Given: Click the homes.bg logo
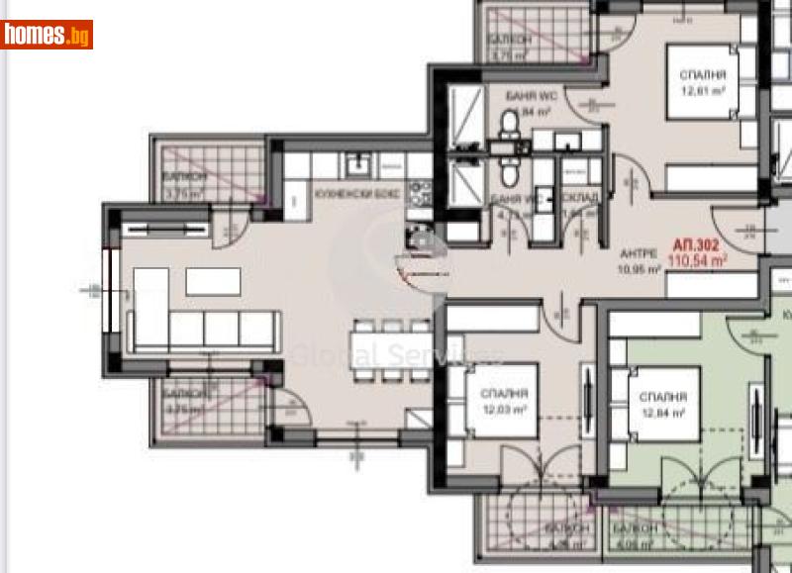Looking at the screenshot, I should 47,35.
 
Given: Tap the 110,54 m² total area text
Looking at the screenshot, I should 699,260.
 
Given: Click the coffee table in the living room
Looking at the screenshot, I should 213,283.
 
